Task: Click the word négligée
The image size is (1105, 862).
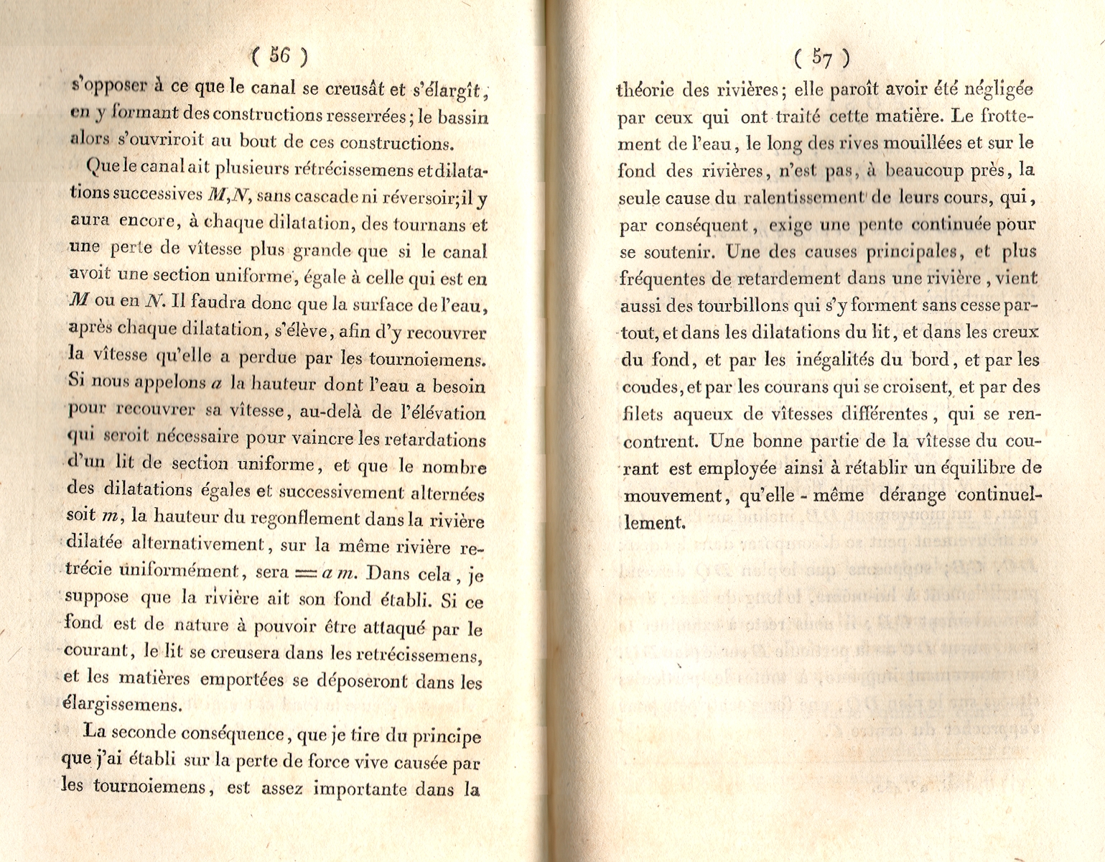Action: click(997, 90)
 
